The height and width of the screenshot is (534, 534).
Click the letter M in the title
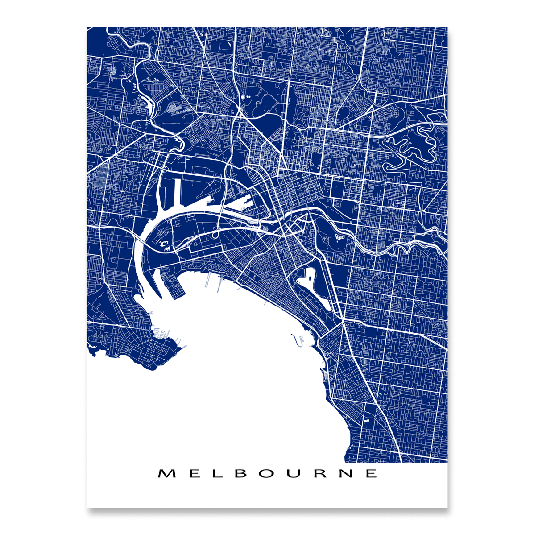166,473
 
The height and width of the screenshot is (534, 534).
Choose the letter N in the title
347,473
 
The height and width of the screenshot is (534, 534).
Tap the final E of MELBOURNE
371,473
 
